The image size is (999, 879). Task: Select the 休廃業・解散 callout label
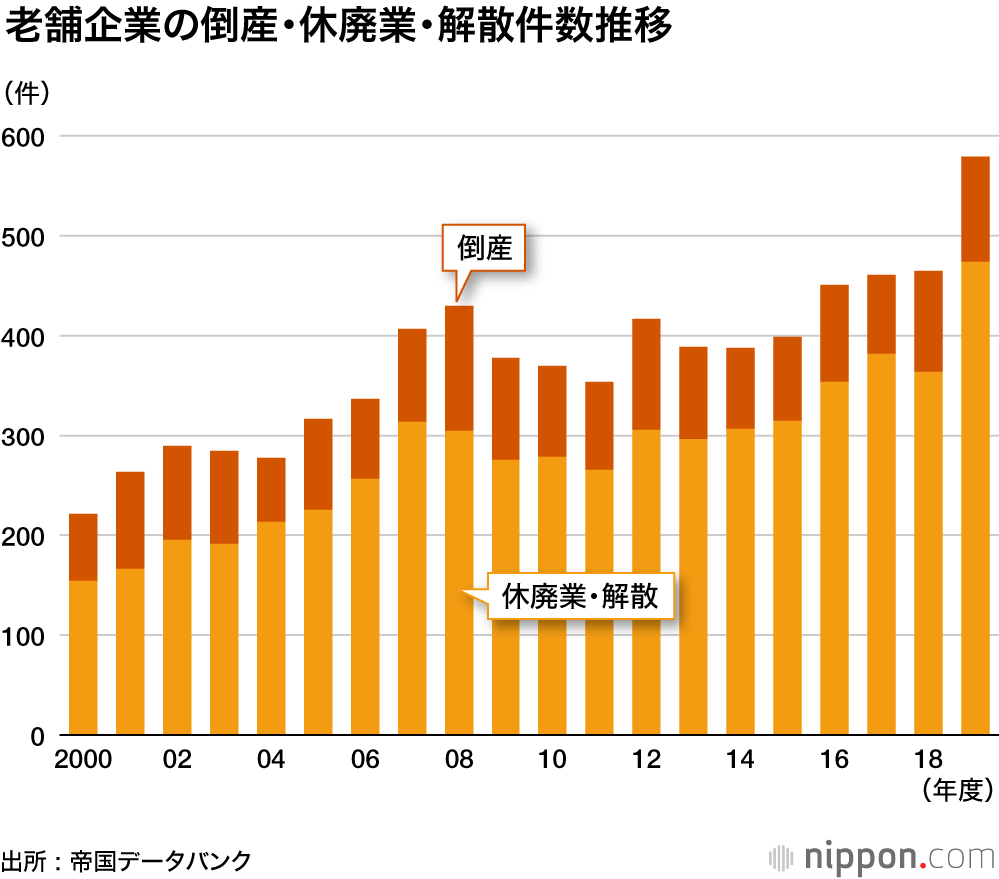point(580,597)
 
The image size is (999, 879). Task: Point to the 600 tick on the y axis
point(30,136)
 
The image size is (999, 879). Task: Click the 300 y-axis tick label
point(30,437)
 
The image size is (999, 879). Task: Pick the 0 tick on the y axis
point(38,737)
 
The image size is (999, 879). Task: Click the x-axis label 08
point(459,760)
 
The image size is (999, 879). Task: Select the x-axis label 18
point(928,760)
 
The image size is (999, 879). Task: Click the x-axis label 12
point(646,760)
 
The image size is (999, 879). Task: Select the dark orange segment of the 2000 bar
point(83,547)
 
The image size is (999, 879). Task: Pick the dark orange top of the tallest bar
point(975,209)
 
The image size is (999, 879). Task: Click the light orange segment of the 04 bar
point(271,629)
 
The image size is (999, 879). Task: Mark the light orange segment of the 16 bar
point(834,559)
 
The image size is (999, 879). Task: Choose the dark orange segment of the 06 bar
point(365,439)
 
